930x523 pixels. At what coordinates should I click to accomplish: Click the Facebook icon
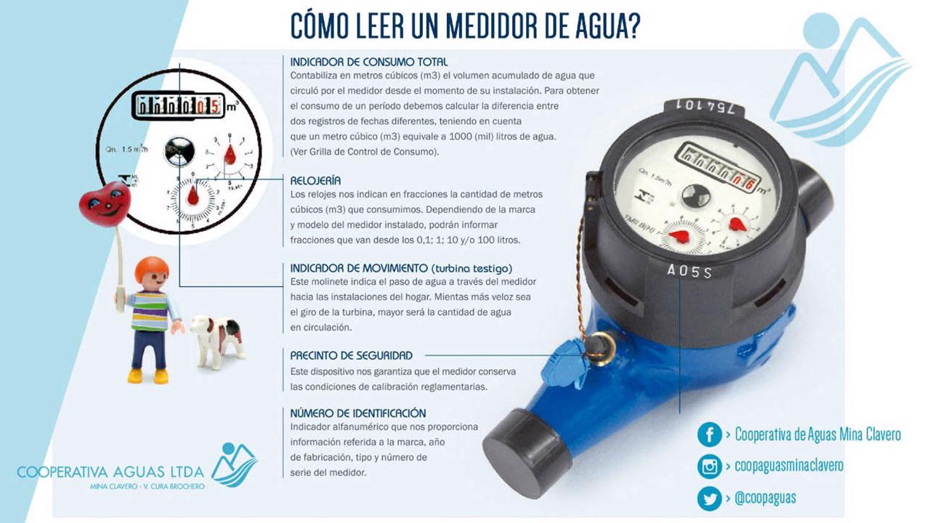(710, 434)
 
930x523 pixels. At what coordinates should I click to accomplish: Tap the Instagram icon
(710, 466)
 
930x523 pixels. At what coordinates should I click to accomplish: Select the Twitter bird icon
(710, 498)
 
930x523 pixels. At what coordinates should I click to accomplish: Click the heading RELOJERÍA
(315, 181)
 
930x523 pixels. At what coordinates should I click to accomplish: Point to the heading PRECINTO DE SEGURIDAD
(351, 356)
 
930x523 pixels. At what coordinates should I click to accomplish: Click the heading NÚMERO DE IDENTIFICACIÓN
(358, 413)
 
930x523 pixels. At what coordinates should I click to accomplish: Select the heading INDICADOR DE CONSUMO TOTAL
(368, 62)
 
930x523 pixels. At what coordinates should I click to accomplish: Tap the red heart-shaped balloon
(105, 204)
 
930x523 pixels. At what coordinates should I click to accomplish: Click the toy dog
(217, 341)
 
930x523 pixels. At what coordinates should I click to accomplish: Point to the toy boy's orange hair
(152, 269)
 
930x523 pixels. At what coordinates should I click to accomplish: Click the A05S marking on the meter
(690, 271)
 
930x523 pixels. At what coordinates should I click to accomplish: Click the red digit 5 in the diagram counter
(214, 107)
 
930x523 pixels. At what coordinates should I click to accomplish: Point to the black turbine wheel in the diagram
(179, 151)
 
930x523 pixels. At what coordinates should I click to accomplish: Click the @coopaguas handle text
(765, 498)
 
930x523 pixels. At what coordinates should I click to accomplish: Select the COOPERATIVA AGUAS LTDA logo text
(110, 472)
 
